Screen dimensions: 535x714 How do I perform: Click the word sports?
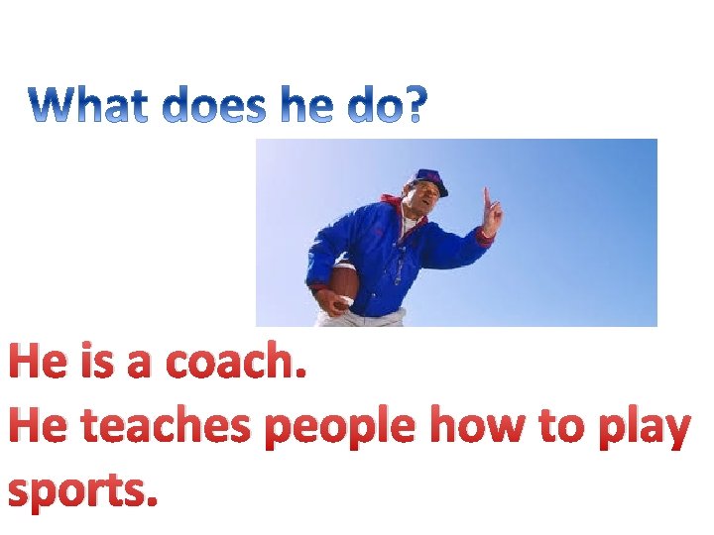point(83,491)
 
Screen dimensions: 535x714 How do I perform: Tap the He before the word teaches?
point(40,427)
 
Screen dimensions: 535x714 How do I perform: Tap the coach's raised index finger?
point(486,195)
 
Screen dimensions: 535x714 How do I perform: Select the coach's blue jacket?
point(387,258)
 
